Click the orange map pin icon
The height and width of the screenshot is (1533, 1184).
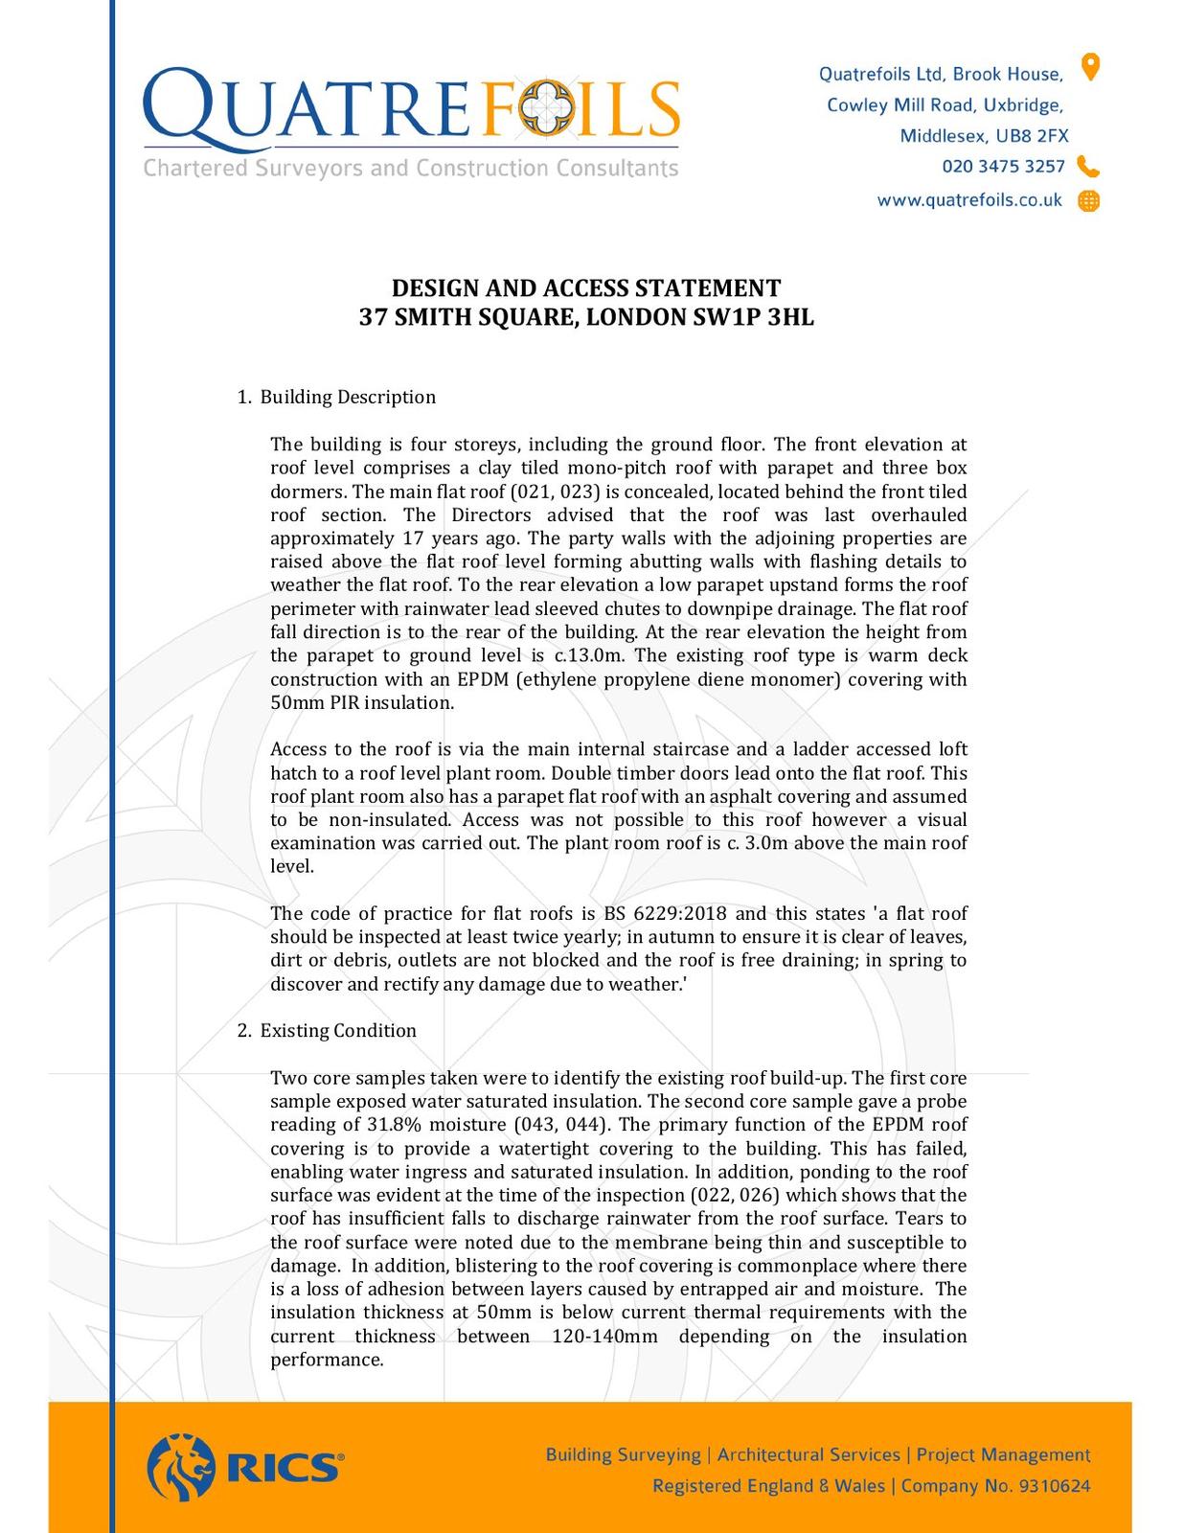pos(1090,67)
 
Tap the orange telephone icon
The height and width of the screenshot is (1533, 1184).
pos(1088,167)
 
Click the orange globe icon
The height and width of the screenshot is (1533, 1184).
pos(1089,201)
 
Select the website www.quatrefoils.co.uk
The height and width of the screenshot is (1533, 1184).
pos(969,200)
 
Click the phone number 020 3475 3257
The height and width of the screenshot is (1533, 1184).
pos(1003,167)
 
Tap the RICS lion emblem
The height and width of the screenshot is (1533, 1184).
pos(181,1467)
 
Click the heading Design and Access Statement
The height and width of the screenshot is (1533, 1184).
pos(586,288)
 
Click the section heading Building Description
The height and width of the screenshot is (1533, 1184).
pos(348,397)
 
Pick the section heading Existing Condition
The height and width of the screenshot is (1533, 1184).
pos(338,1031)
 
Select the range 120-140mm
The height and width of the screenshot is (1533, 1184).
pos(604,1337)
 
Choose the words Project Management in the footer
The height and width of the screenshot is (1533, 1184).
pos(1003,1455)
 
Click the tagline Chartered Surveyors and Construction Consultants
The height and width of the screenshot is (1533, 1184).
pos(411,169)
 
